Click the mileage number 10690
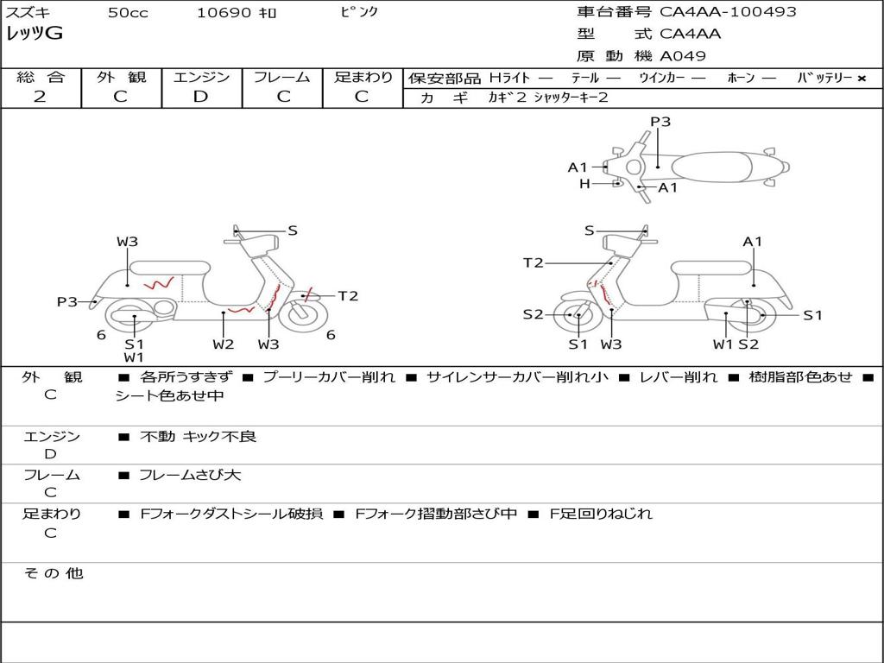pos(224,13)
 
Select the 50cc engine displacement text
pos(128,13)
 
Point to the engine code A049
pos(683,56)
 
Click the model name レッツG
pos(35,34)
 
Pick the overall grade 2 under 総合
pos(40,97)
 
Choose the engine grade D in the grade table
pos(200,97)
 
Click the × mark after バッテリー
pos(861,78)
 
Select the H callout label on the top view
pos(584,183)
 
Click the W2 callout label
pos(224,344)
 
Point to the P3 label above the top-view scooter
pos(660,122)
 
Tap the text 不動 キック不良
pos(199,437)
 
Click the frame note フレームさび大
pos(190,475)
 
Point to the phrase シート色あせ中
pos(170,396)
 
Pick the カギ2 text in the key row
pos(507,98)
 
